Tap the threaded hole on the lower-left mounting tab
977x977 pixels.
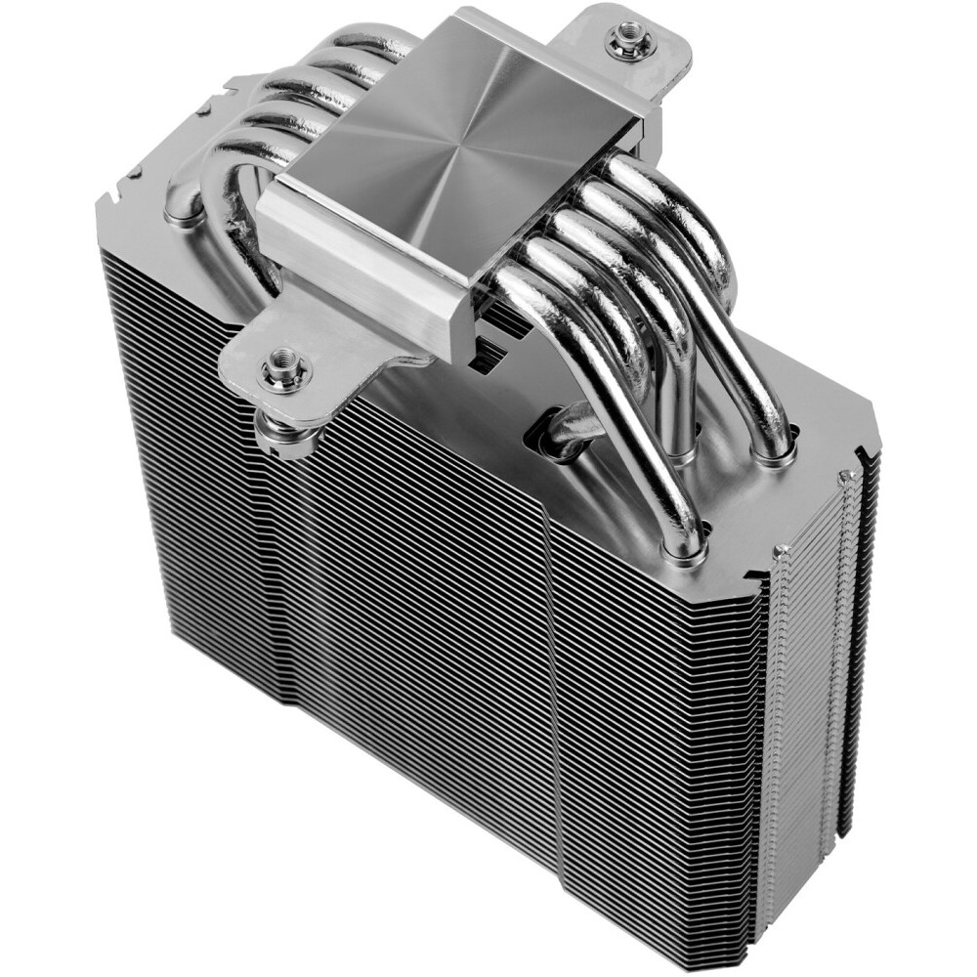(x=283, y=369)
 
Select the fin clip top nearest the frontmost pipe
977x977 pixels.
(x=781, y=553)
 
